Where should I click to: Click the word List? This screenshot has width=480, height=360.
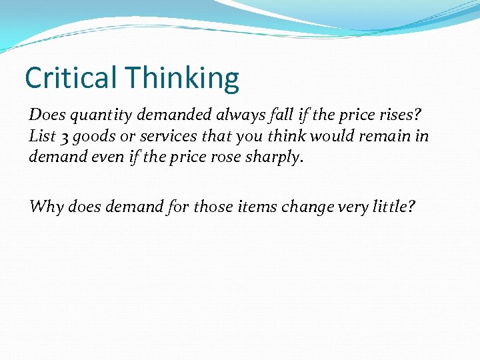[x=42, y=136]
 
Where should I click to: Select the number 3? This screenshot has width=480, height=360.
[x=62, y=137]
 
